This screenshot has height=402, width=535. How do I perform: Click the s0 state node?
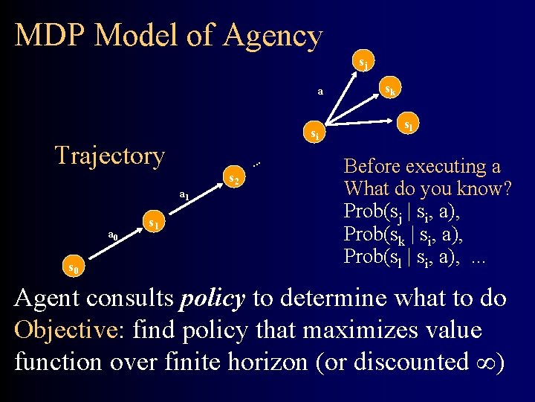(71, 266)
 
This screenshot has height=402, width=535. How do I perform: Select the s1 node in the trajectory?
(153, 223)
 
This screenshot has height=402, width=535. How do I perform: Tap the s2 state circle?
(233, 179)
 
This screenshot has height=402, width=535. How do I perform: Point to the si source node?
(316, 134)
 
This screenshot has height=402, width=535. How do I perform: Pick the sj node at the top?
(363, 63)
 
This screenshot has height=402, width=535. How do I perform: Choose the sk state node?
(388, 92)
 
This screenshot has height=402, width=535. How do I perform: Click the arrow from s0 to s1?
(111, 244)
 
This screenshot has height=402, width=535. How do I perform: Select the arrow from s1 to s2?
(193, 201)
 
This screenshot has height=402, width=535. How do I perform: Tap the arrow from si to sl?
(364, 130)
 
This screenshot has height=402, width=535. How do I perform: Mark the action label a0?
(113, 235)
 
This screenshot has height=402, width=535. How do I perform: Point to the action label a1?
(184, 196)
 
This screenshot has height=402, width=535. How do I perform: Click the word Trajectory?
(110, 156)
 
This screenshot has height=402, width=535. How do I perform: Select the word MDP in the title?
(51, 35)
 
